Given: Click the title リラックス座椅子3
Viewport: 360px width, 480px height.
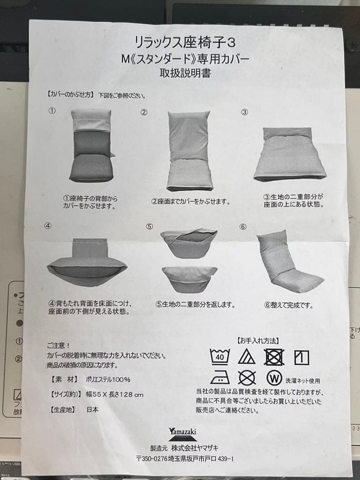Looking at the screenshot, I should coord(185,42).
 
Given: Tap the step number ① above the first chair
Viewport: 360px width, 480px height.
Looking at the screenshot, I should coord(52,111).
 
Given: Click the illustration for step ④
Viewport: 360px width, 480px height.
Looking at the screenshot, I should coord(87,262).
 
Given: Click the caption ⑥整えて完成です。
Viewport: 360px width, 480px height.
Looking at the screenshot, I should coord(289,305).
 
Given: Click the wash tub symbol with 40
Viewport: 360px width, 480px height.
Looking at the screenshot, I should coord(220,356).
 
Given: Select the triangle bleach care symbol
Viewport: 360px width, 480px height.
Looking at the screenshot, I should coord(246,356).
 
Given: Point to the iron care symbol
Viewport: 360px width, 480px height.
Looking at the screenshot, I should coord(219,377).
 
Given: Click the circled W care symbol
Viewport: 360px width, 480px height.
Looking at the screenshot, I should coord(274,378).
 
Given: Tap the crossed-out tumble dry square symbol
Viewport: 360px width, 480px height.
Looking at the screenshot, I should coord(274,356).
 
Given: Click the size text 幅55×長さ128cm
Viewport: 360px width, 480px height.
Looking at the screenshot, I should coord(115,394).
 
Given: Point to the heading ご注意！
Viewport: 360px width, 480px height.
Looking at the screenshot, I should coord(58,345).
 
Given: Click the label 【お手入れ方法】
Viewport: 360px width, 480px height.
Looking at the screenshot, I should coord(258,341).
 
